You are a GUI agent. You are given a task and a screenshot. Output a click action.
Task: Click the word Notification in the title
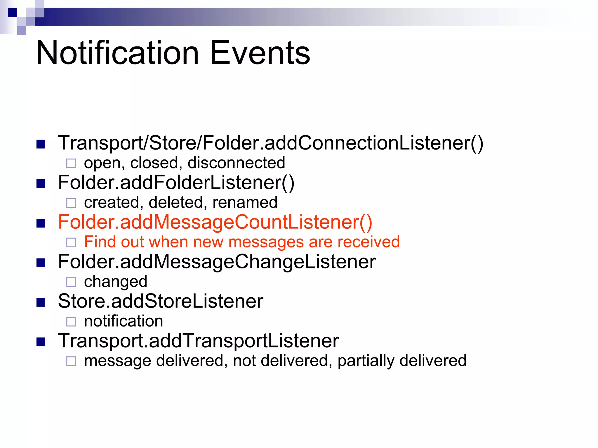[x=117, y=53]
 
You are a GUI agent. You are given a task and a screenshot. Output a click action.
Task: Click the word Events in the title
[x=260, y=53]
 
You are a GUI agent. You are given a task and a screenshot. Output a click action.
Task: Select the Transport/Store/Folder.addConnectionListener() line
[x=270, y=143]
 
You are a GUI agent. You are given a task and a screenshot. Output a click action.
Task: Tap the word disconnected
[x=236, y=163]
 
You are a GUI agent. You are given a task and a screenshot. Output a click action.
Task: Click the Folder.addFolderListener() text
[x=176, y=183]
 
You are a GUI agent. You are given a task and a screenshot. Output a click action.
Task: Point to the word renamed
[x=245, y=202]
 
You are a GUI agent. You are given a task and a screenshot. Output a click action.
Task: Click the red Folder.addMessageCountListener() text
[x=215, y=222]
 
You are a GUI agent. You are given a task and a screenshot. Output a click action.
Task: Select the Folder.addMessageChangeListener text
[x=217, y=262]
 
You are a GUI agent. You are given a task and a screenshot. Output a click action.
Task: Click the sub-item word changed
[x=115, y=282]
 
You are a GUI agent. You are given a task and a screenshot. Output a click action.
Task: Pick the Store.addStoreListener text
[x=160, y=301]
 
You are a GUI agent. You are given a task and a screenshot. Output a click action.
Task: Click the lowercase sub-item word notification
[x=123, y=321]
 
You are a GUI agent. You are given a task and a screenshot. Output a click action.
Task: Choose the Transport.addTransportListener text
[x=198, y=341]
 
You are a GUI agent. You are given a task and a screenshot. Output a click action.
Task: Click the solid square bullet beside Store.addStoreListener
[x=41, y=302]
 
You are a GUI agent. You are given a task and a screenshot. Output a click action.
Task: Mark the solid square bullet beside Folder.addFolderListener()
[x=41, y=184]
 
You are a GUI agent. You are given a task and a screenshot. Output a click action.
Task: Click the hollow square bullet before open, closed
[x=71, y=163]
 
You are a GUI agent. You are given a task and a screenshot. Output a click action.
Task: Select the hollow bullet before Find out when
[x=71, y=242]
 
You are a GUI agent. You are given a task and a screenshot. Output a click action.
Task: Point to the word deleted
[x=175, y=202]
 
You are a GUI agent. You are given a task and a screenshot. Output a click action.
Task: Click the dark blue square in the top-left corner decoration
[x=12, y=13]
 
